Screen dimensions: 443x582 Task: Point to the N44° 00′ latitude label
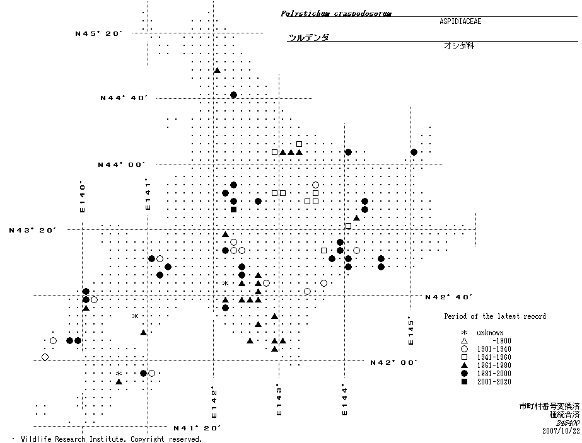pos(122,165)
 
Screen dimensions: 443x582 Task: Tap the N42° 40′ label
pos(449,297)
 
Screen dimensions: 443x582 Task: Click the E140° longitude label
pos(82,197)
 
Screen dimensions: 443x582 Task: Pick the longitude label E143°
pos(277,399)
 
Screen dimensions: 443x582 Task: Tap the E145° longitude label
pos(410,330)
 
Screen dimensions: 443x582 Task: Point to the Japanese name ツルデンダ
pos(308,38)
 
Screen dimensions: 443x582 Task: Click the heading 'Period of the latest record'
pos(495,316)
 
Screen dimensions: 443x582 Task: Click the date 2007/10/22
pos(561,431)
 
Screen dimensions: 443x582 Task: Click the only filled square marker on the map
pos(233,209)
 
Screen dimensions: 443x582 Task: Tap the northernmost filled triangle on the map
pos(217,71)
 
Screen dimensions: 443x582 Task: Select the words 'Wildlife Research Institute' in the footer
pos(70,439)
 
